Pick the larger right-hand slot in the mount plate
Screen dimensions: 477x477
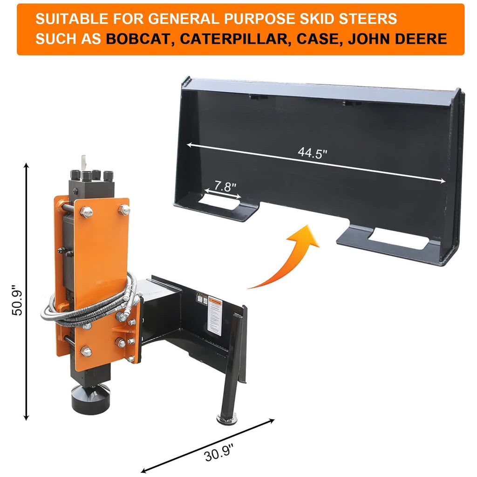pyautogui.click(x=398, y=239)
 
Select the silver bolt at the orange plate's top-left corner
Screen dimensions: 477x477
pyautogui.click(x=86, y=212)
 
